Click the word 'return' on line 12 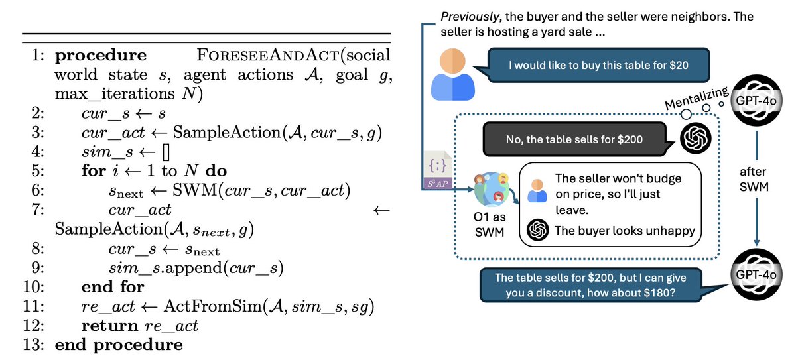coord(107,326)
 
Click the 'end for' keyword coord(113,287)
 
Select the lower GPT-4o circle coord(756,274)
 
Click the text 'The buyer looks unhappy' coord(625,230)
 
